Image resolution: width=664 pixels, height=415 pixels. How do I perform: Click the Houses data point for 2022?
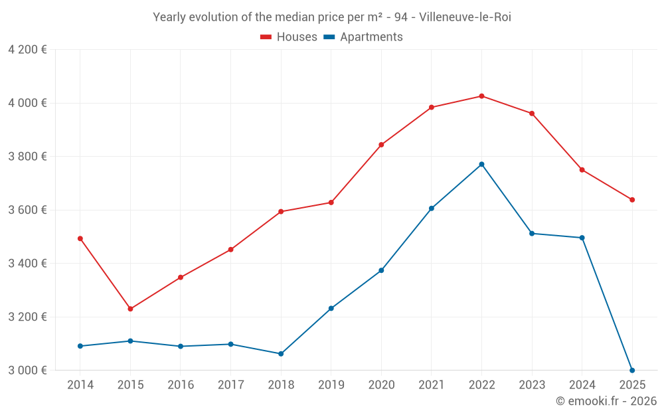481,96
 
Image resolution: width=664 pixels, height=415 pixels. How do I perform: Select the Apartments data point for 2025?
632,370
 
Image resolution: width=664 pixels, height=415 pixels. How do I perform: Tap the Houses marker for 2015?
130,309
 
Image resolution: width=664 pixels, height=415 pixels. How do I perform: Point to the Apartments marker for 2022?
481,164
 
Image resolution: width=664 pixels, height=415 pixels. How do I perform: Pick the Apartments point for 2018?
281,354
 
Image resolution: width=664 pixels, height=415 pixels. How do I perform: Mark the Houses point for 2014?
80,238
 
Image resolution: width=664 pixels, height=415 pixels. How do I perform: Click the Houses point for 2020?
381,145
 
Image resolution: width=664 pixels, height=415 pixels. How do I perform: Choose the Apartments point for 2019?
331,308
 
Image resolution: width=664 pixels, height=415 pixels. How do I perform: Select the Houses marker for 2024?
582,170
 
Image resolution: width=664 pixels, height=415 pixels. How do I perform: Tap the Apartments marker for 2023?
532,233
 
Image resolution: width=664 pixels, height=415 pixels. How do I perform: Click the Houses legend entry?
290,37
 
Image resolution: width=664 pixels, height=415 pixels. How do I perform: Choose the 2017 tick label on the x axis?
230,385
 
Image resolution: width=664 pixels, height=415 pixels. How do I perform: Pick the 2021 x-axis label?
431,385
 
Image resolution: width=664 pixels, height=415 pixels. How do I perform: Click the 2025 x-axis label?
632,385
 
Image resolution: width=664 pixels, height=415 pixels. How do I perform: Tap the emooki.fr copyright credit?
606,401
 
